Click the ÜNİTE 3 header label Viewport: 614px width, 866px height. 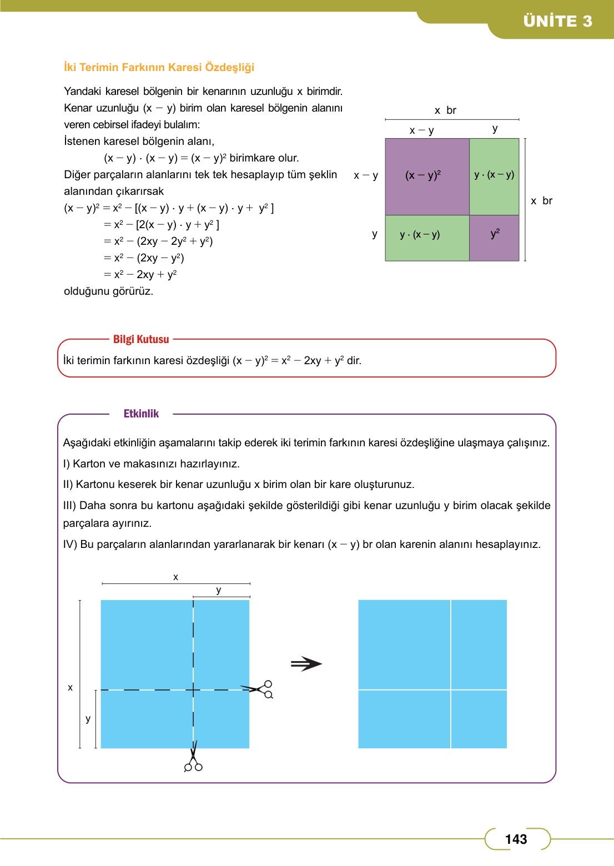coord(557,21)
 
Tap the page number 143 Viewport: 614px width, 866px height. coord(516,839)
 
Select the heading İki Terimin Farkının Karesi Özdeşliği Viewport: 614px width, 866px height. coord(159,67)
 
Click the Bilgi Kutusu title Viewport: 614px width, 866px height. coord(141,339)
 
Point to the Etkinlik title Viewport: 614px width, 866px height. coord(141,414)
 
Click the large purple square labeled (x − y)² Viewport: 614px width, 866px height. coord(427,177)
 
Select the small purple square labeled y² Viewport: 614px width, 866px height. coord(494,238)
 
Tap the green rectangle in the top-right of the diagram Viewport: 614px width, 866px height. coord(494,177)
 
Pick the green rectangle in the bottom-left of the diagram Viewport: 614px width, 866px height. coord(427,238)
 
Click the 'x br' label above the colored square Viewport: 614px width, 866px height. coord(445,110)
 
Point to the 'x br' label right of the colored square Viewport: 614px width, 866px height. coord(541,201)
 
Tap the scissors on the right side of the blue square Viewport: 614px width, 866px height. coord(261,689)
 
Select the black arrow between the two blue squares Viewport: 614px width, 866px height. coord(306,664)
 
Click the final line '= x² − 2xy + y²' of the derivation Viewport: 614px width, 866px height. coord(140,274)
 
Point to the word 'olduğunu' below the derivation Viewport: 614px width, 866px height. coord(86,291)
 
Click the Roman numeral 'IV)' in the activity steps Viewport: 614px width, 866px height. coord(70,545)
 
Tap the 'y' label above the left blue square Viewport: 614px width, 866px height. coord(219,590)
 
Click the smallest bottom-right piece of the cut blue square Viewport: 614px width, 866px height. coord(479,719)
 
